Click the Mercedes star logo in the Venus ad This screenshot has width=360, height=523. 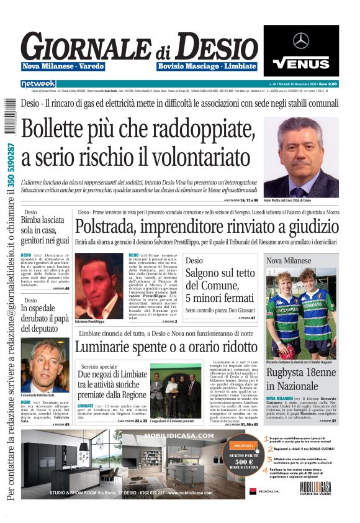click(x=301, y=40)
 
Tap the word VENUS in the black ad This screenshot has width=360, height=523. click(x=301, y=63)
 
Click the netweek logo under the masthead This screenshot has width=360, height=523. click(x=38, y=83)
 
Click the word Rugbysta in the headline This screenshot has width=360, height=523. click(x=289, y=374)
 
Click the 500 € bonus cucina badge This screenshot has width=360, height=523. click(x=243, y=460)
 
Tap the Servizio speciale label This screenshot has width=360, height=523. click(x=99, y=366)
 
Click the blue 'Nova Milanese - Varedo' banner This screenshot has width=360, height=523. click(x=64, y=66)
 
